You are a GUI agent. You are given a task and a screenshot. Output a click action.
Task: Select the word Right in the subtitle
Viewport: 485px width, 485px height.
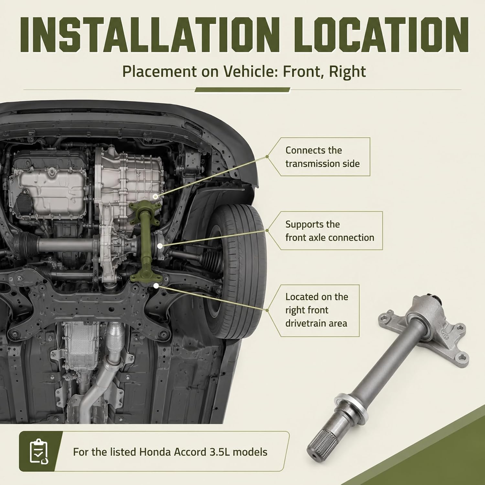348,71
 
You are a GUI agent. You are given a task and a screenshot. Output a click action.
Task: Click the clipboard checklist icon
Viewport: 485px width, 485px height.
38,451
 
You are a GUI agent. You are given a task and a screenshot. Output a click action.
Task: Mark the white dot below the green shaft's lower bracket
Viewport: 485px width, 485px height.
156,286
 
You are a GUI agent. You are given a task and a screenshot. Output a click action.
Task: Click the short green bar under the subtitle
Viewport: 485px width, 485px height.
242,90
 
